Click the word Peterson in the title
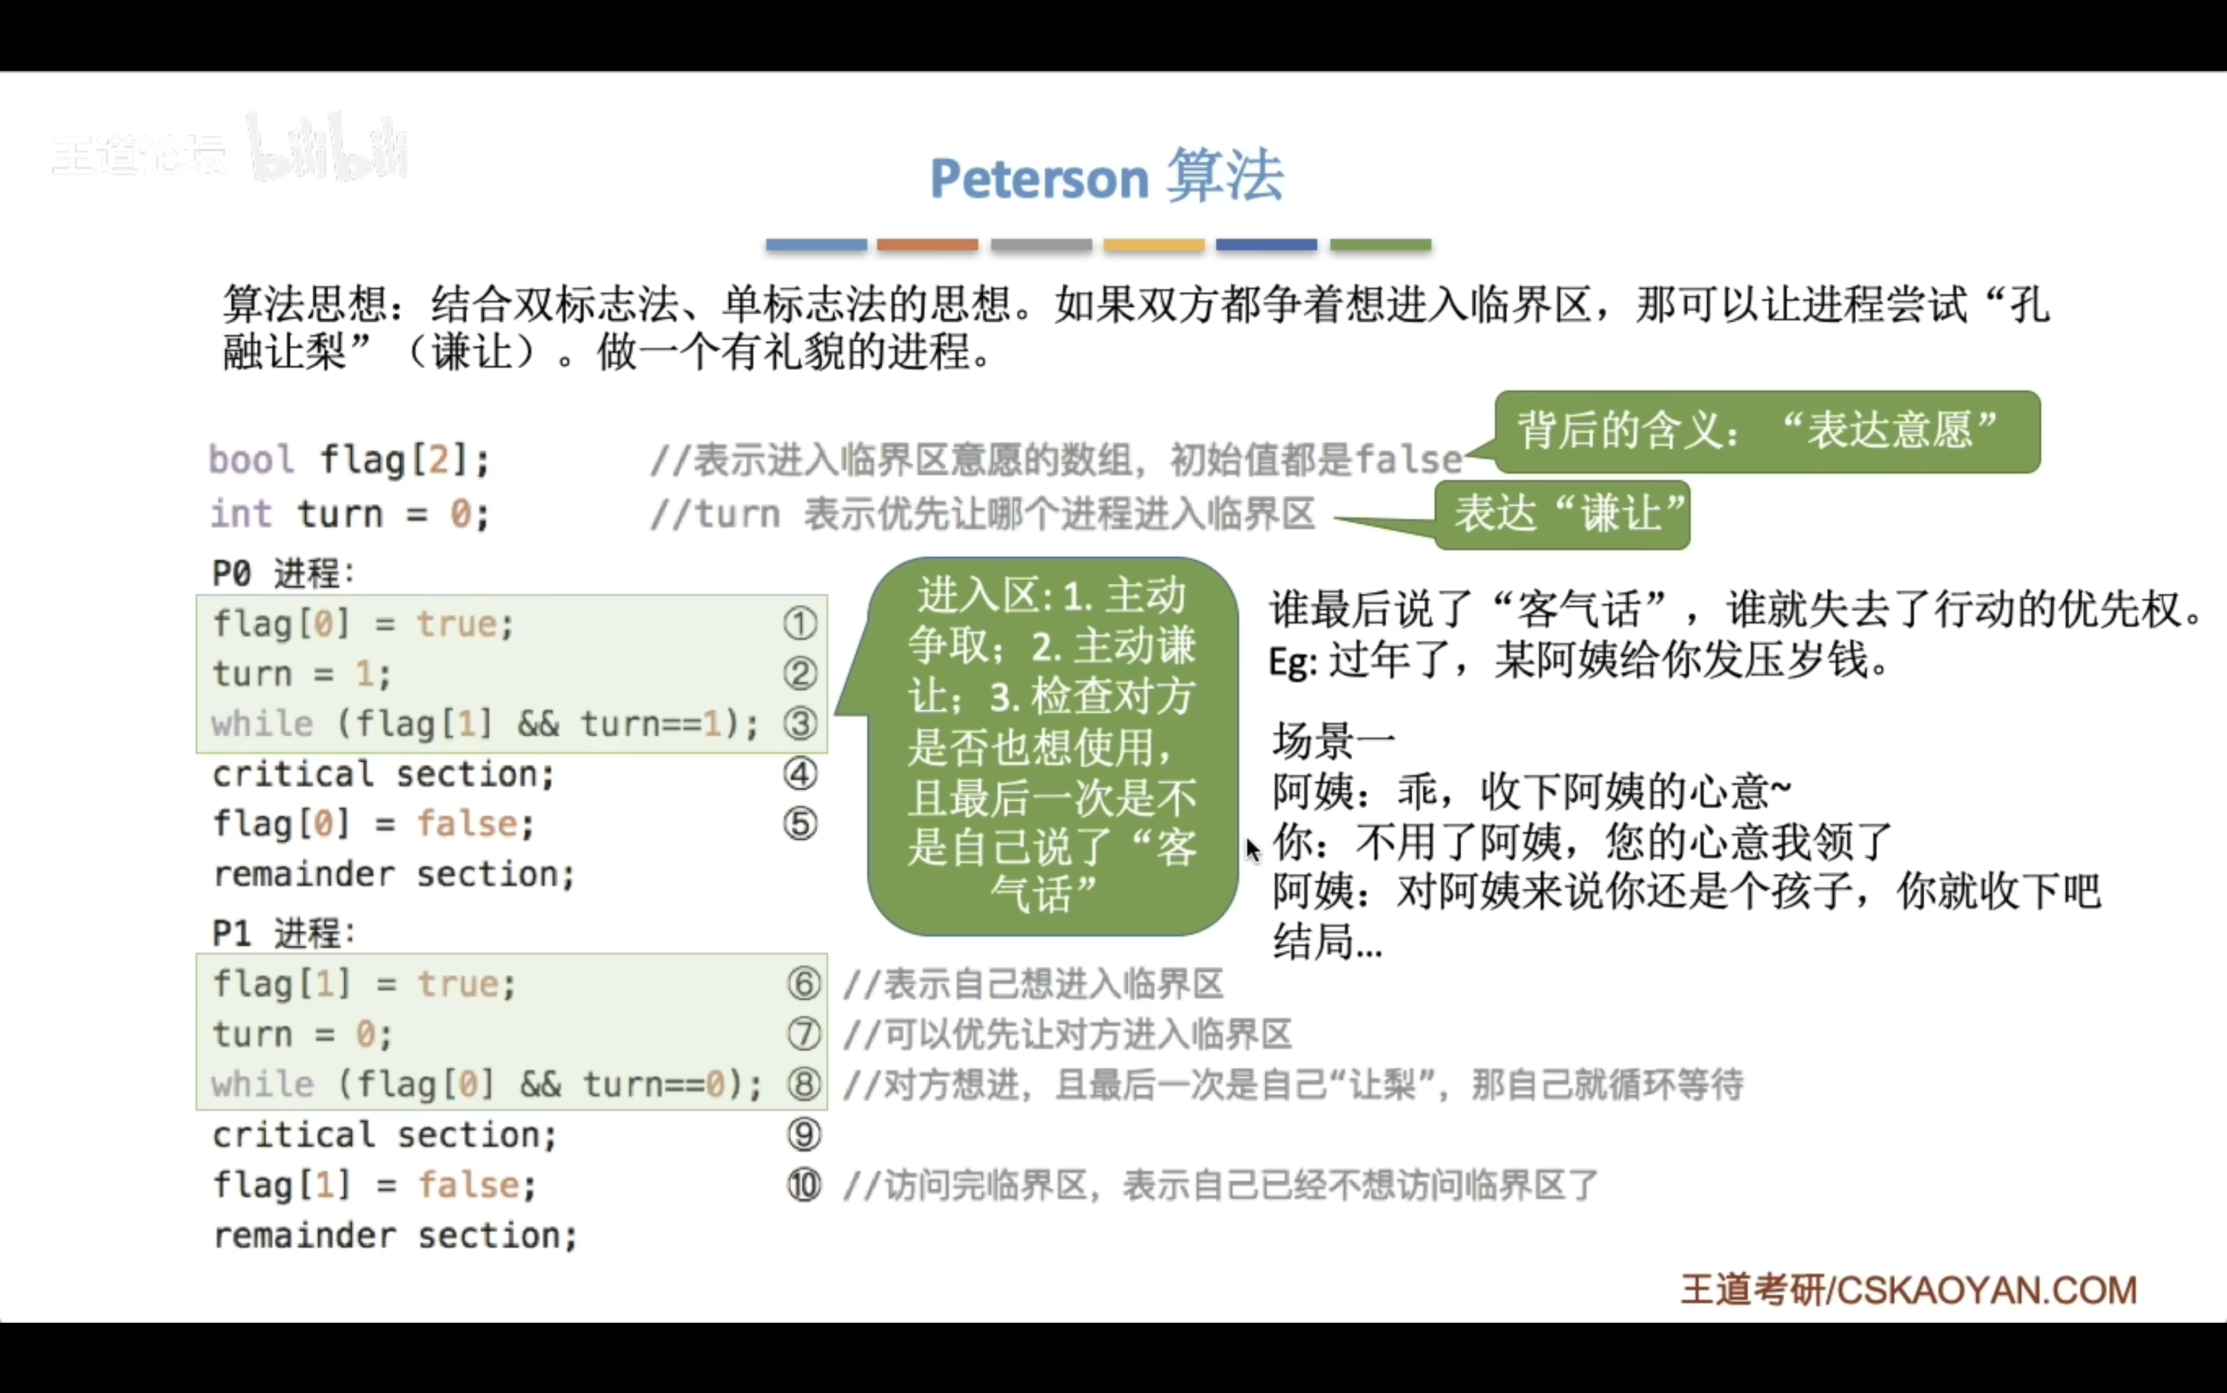1039,178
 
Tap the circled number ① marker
800,624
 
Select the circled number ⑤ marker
800,823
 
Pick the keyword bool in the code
251,459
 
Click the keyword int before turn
240,513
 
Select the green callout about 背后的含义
1767,431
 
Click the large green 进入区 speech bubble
1052,746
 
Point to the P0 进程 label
283,573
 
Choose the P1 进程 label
283,933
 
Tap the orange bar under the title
927,245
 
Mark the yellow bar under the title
1154,245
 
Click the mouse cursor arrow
1253,850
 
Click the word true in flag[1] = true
458,984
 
